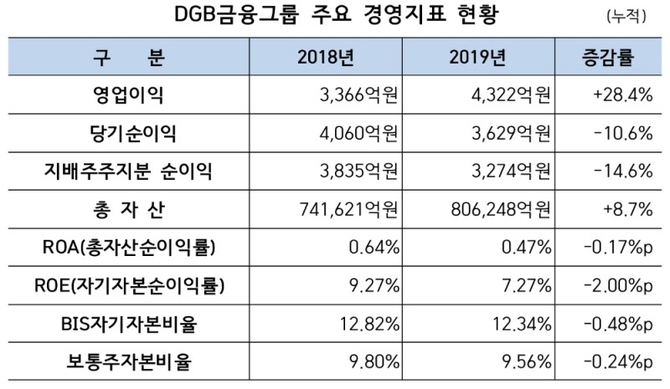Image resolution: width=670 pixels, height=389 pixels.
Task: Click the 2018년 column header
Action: pos(327,58)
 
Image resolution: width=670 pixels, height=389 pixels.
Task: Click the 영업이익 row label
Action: pos(126,95)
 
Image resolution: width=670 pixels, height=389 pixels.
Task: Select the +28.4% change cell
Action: pos(621,95)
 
